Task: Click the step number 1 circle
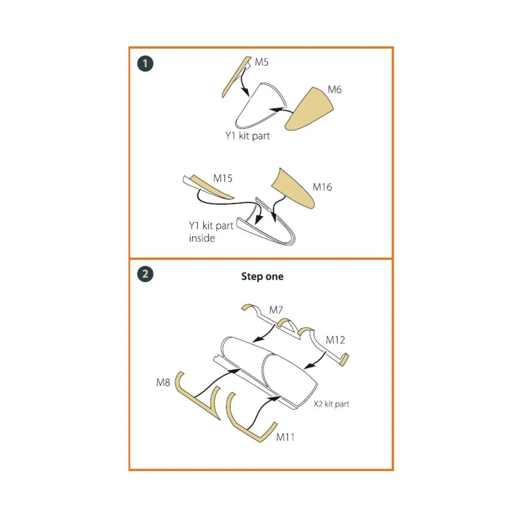145,64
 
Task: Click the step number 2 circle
145,274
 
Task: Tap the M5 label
261,62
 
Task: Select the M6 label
334,90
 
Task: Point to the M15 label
223,178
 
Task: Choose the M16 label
322,187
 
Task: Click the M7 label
276,310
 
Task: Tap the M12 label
335,340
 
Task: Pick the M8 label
163,382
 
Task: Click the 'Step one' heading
262,276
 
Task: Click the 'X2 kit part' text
331,404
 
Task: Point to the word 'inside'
202,238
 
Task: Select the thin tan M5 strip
236,77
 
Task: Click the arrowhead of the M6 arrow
274,110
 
